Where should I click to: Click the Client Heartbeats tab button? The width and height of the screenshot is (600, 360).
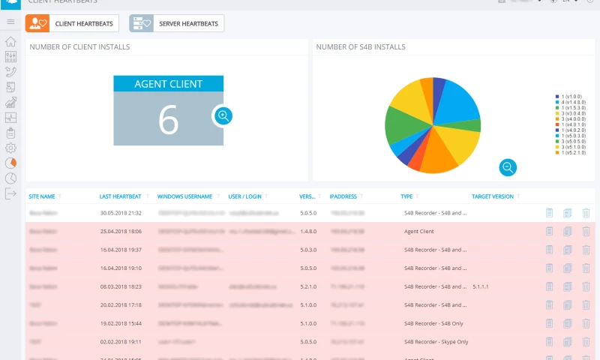[x=72, y=24]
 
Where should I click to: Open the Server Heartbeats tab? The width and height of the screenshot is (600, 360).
[x=176, y=24]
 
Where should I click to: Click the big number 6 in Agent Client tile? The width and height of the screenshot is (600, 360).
[x=169, y=119]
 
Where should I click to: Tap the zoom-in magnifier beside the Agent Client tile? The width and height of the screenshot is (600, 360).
[x=223, y=115]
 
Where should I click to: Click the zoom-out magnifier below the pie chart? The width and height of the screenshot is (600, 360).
[x=508, y=167]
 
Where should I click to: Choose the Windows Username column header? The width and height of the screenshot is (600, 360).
[x=184, y=196]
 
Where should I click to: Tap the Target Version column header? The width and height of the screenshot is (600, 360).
[x=493, y=196]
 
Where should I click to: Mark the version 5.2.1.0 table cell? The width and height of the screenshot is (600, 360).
[x=308, y=286]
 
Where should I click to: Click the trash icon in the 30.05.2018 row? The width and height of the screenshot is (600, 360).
[x=586, y=213]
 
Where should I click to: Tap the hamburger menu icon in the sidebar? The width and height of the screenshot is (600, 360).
[x=10, y=22]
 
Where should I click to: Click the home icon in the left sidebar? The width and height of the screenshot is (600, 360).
[x=10, y=41]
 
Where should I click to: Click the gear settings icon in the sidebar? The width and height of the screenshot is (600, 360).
[x=10, y=148]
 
